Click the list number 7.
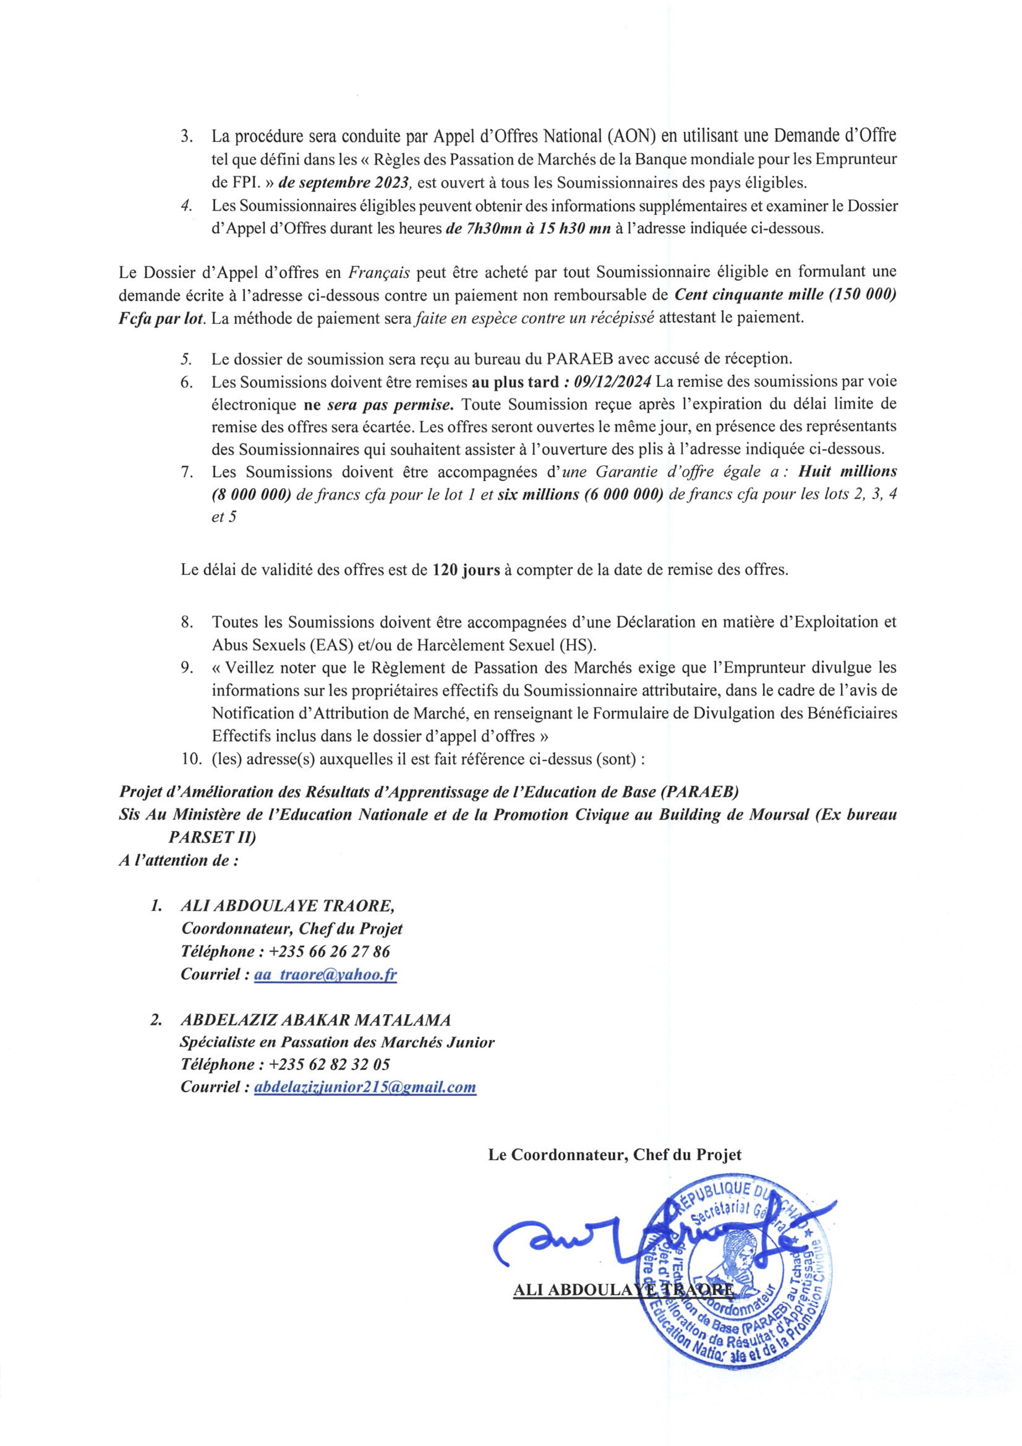[x=186, y=472]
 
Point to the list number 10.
[x=190, y=759]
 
